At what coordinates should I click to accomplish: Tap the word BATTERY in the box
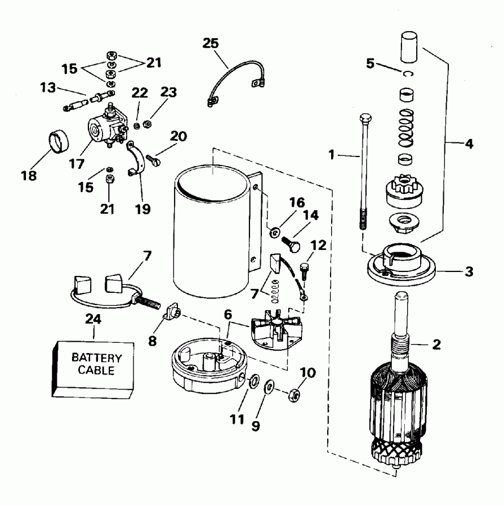pos(95,358)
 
